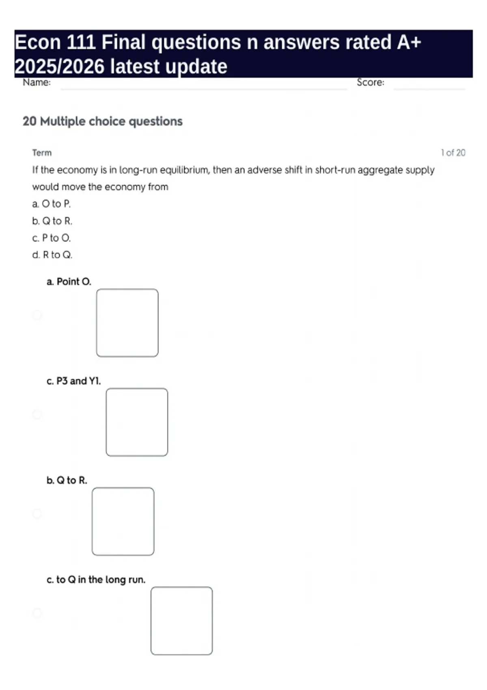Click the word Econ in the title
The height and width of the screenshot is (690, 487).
37,43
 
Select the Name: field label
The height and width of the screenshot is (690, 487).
37,82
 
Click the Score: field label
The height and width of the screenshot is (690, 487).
370,82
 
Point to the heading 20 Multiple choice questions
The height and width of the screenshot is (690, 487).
103,121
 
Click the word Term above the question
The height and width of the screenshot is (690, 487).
42,153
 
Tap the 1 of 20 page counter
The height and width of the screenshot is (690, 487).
453,153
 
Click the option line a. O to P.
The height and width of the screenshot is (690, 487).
52,204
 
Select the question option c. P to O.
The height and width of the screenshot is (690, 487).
52,238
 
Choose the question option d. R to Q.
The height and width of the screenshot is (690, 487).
52,255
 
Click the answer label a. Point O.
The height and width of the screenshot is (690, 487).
69,282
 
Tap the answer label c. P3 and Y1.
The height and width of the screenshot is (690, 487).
73,381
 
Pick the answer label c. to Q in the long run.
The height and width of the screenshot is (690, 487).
96,580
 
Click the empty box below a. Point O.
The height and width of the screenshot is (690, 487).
127,323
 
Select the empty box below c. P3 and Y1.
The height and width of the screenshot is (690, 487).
137,422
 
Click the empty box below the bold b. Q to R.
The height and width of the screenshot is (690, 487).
123,522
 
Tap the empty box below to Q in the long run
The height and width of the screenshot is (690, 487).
181,621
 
